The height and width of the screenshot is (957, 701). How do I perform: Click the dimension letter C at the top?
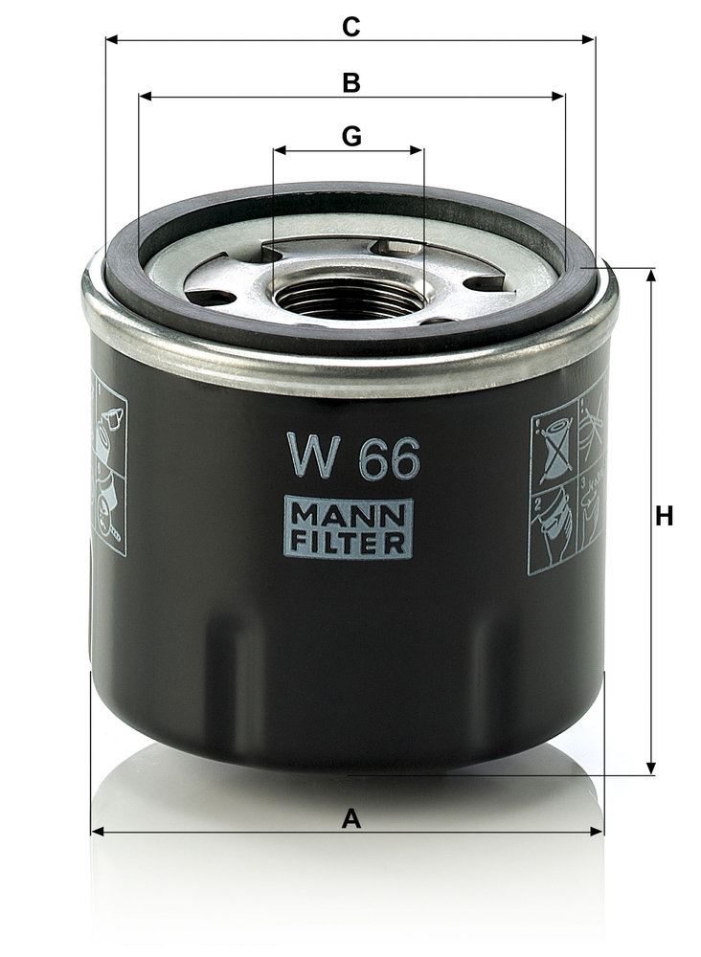click(351, 27)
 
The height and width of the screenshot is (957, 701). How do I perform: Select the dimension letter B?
click(351, 83)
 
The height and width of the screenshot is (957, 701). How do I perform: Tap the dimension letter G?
click(351, 137)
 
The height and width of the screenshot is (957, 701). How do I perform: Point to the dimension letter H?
click(664, 517)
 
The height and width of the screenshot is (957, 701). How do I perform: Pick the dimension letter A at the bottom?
click(351, 819)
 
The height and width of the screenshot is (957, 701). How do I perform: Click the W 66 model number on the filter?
click(354, 456)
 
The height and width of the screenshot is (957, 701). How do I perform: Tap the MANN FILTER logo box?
click(348, 528)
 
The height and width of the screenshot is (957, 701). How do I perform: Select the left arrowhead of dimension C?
click(112, 39)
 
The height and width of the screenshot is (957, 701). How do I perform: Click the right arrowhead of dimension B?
click(558, 97)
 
